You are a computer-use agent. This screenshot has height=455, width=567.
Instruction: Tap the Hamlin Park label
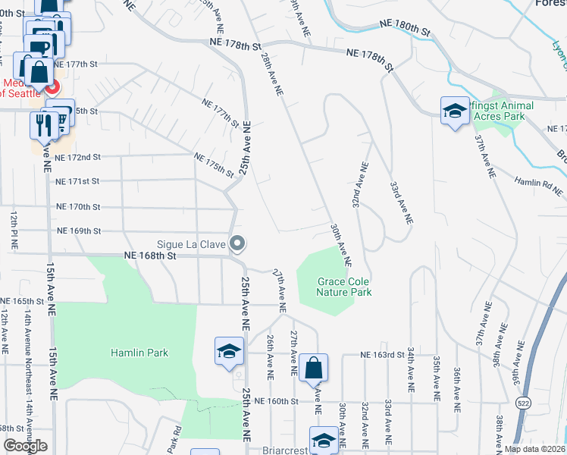139,353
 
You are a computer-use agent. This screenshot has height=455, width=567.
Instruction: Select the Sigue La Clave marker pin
237,244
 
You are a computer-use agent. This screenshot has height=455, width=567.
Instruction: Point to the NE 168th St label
149,257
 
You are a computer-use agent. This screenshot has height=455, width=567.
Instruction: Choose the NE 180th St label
404,30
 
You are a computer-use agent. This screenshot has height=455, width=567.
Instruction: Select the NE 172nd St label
77,157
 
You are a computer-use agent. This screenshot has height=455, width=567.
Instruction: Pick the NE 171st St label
77,181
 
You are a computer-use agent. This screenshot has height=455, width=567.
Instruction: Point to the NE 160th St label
280,400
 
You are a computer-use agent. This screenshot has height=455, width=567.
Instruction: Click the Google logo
25,446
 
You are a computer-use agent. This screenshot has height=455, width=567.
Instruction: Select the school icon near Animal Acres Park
455,111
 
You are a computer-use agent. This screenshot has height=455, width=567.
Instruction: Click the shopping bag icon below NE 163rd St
313,369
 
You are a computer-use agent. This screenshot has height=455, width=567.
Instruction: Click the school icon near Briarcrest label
324,441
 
